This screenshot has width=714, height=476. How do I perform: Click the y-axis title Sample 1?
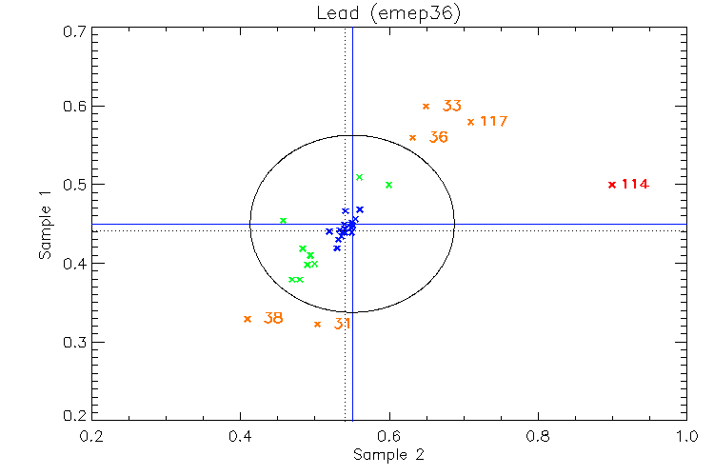click(x=44, y=225)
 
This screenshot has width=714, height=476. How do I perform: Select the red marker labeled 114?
click(x=611, y=184)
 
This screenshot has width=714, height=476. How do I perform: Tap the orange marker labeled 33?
click(x=426, y=106)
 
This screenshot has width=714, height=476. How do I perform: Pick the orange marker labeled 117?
click(x=470, y=122)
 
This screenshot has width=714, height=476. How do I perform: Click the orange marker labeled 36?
click(x=412, y=137)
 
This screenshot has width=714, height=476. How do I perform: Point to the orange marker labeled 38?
click(x=248, y=319)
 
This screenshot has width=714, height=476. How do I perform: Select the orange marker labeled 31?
click(x=317, y=324)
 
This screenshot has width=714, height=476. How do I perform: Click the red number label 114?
click(x=635, y=184)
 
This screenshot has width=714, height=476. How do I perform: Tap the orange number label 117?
click(x=493, y=122)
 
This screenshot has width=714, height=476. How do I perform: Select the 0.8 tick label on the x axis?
click(x=539, y=436)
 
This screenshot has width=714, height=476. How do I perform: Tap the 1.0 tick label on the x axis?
click(x=687, y=436)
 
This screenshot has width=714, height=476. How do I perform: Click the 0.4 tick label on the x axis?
click(x=240, y=436)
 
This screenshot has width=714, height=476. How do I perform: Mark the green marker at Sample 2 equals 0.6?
click(x=388, y=185)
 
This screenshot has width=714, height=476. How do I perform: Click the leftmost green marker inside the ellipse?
click(x=283, y=221)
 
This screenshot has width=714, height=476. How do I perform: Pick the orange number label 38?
click(x=273, y=318)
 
